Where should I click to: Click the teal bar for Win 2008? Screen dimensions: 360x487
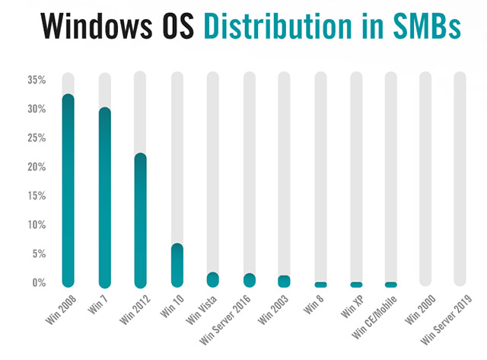(68, 190)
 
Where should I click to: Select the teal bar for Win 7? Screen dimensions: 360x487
(104, 197)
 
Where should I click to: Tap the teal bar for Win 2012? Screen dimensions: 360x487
(140, 220)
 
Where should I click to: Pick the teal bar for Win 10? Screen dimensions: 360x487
(177, 265)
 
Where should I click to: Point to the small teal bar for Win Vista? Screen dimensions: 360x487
(212, 279)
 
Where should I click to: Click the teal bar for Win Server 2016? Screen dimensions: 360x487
(249, 280)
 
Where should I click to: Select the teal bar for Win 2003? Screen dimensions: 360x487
(284, 281)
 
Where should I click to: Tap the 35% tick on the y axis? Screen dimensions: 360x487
(37, 80)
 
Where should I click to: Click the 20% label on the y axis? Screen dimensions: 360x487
(37, 167)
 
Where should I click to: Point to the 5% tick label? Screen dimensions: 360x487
(39, 253)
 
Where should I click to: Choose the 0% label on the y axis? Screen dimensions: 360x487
(39, 282)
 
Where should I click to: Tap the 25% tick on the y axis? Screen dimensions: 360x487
(37, 138)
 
